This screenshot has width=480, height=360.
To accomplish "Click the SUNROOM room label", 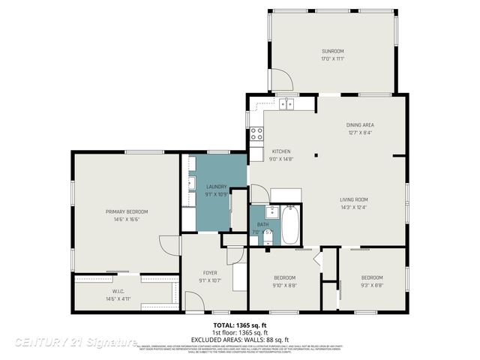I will [331, 51].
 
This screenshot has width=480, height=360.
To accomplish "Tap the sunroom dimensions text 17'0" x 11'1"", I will [331, 58].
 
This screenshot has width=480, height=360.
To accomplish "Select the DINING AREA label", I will [360, 124].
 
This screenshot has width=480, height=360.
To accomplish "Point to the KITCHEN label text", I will [280, 151].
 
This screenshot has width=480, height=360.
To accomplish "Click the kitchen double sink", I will [287, 104].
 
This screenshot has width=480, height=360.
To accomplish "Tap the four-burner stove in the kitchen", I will [256, 134].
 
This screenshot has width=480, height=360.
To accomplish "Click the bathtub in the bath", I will [291, 225].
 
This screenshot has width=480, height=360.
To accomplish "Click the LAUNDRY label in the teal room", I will [217, 186].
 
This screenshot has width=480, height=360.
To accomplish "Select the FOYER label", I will [210, 273].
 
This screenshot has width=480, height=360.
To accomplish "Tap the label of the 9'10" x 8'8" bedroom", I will [284, 277].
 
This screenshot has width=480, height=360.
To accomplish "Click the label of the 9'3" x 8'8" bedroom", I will [372, 277].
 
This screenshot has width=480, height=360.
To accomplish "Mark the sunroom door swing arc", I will [280, 79].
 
